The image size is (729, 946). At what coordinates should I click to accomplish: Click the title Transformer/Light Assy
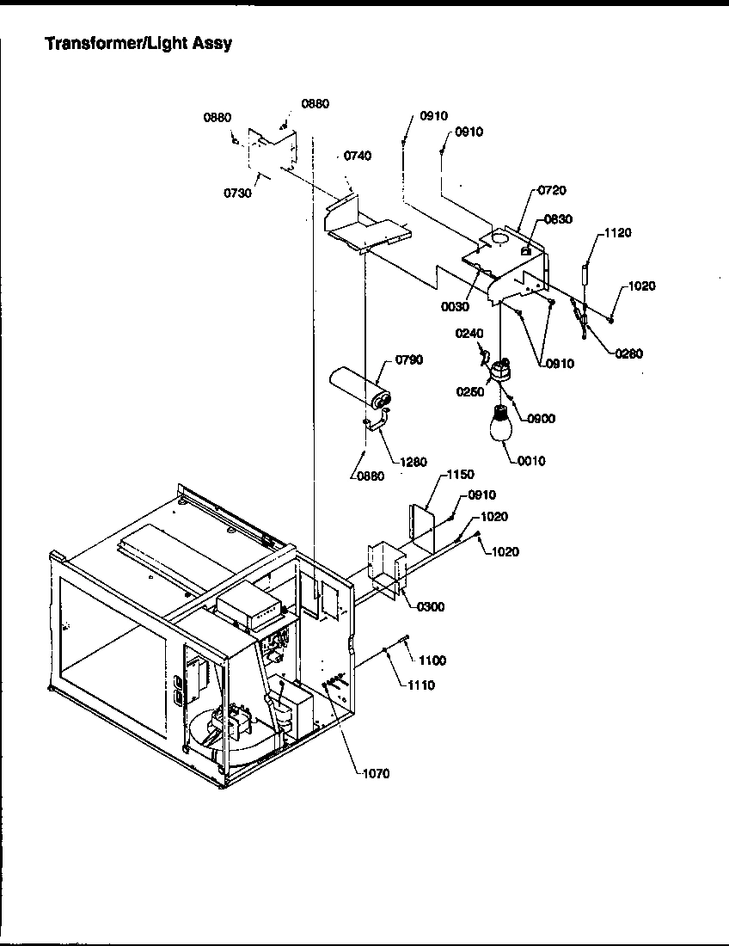point(138,43)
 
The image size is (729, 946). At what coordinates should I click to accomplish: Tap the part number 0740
point(358,156)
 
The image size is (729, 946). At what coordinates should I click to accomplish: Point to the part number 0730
point(237,193)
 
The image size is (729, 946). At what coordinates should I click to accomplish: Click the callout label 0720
point(553,190)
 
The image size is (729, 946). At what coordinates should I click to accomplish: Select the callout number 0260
point(629,353)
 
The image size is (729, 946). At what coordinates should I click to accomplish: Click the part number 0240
point(469,334)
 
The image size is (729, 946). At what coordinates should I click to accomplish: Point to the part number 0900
point(542,419)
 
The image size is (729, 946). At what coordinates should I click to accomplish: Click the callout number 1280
point(414,462)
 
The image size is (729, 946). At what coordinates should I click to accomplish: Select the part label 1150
point(460,475)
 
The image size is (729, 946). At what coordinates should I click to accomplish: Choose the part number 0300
point(431,607)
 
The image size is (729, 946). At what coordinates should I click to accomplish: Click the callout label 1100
point(432,660)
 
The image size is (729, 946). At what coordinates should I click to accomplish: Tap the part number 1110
point(421,685)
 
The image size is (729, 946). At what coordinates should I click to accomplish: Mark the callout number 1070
point(376,774)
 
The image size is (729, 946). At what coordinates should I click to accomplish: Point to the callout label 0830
point(558,220)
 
